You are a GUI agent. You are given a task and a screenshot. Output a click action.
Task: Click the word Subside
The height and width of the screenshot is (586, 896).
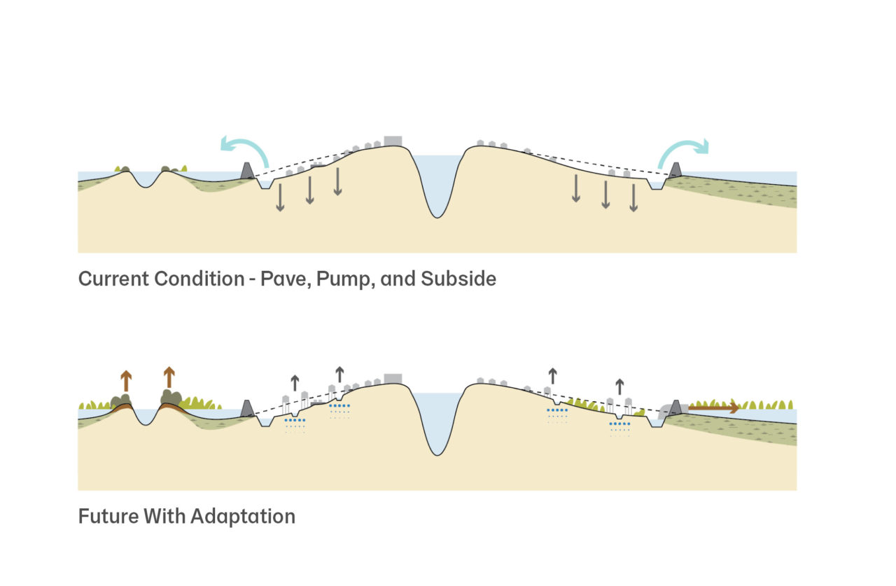coord(458,279)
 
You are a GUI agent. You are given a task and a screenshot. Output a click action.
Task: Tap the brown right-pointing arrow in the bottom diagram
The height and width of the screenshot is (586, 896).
coord(713,407)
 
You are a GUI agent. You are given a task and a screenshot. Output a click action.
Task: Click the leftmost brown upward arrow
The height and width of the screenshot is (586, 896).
coord(126,380)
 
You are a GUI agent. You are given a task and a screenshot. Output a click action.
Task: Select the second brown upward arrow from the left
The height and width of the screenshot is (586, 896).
coord(169,377)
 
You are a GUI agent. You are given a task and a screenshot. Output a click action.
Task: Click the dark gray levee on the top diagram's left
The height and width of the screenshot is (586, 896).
coord(247,170)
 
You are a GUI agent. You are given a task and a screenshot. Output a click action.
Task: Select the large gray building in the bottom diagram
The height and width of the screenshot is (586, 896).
coord(393,378)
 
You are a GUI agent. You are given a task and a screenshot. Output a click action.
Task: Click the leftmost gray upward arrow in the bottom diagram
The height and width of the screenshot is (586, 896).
coord(295,382)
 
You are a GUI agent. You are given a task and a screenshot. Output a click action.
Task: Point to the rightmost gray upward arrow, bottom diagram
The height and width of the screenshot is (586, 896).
coord(619,386)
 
